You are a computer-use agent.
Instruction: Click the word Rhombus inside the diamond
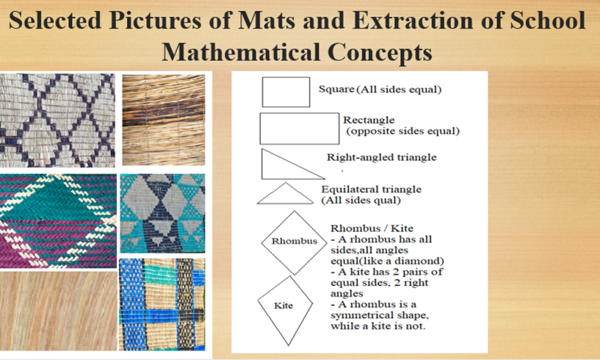tap(294, 241)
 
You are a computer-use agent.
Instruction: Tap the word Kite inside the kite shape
tap(284, 305)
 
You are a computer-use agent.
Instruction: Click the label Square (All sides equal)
tap(380, 89)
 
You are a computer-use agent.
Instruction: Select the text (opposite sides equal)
tap(403, 131)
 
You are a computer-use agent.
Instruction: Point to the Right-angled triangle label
tap(382, 157)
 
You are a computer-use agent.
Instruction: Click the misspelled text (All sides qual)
tap(361, 200)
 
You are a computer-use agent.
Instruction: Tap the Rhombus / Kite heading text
tap(372, 229)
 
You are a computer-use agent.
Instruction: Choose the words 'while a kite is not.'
tap(378, 326)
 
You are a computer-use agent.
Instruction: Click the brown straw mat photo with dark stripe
tap(163, 120)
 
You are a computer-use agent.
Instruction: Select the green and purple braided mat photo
tap(58, 221)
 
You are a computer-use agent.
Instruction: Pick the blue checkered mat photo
tap(162, 304)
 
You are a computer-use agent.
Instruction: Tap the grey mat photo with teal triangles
tap(163, 213)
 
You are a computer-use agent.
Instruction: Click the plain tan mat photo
tap(58, 310)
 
